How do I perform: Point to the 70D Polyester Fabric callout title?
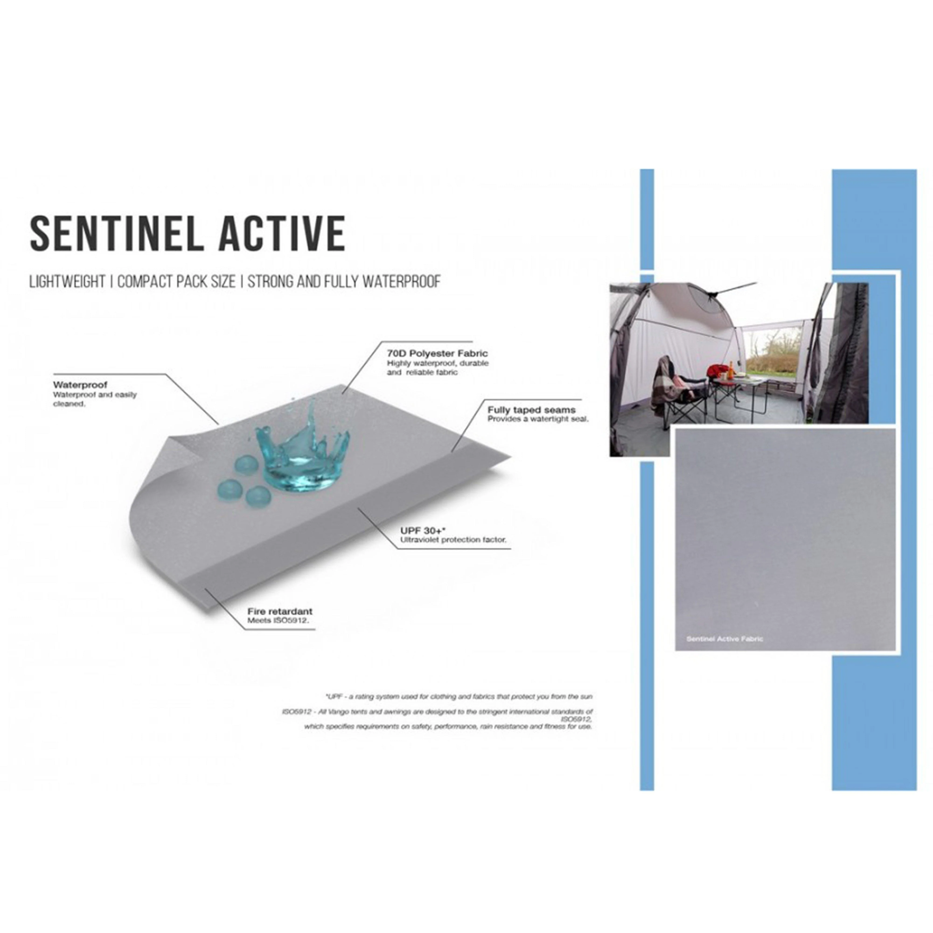[x=437, y=354]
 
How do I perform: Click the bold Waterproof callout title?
[x=80, y=385]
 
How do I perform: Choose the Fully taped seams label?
[x=531, y=410]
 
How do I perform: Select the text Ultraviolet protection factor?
[x=453, y=540]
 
